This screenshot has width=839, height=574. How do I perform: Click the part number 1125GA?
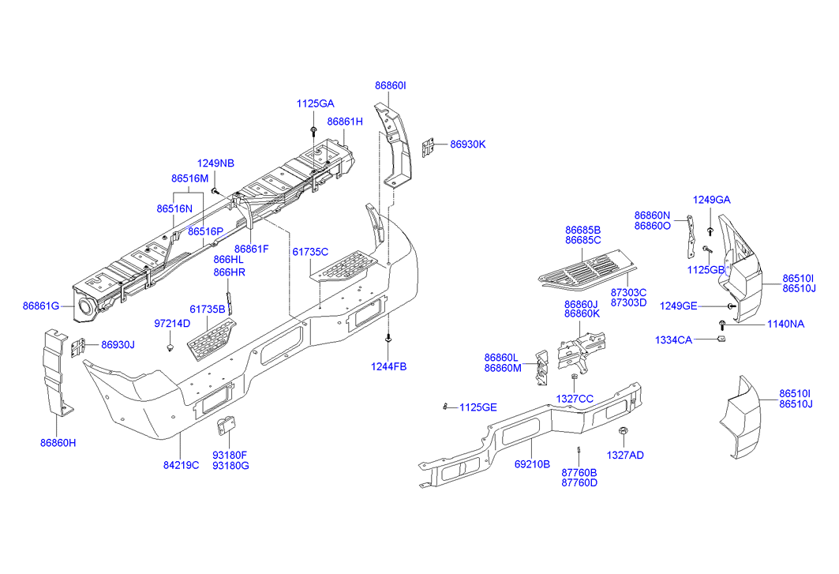(315, 103)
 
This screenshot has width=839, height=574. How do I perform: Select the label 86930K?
(468, 144)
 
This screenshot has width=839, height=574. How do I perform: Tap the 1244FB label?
(389, 366)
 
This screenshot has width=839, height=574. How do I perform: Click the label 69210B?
(532, 465)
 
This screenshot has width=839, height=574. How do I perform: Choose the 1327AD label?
(624, 455)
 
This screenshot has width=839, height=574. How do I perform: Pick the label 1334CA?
(673, 340)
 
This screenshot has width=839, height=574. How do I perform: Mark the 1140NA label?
(786, 324)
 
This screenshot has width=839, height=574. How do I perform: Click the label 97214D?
(171, 324)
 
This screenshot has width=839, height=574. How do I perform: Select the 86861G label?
(41, 305)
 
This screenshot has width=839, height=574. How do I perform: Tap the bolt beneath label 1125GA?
(314, 129)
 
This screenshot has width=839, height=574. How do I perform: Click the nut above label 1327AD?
(624, 431)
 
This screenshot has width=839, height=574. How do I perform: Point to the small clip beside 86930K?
(429, 147)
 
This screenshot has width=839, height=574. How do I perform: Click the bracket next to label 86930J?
(79, 346)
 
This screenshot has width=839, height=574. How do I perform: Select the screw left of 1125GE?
(446, 407)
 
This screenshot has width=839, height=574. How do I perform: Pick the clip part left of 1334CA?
(720, 340)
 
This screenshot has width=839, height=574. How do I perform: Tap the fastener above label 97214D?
(171, 347)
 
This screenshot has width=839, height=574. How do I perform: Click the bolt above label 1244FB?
(388, 339)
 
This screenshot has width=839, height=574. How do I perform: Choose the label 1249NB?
(215, 163)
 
